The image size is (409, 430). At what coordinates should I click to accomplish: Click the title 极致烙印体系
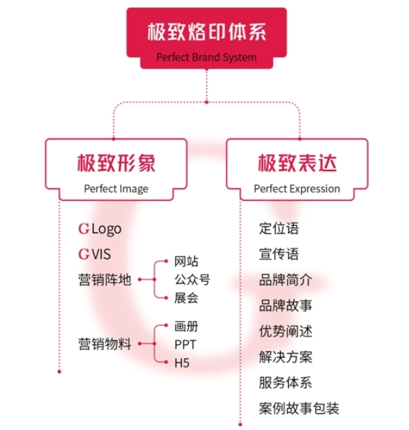[x=207, y=32]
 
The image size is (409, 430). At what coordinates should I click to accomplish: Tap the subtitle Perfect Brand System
[x=206, y=57]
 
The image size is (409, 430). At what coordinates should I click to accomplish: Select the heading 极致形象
[x=116, y=162]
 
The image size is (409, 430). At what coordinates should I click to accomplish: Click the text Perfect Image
[x=116, y=189]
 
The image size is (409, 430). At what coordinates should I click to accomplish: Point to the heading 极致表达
[x=297, y=162]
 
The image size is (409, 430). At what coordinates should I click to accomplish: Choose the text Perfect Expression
[x=297, y=189]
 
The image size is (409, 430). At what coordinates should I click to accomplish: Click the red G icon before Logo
[x=84, y=229]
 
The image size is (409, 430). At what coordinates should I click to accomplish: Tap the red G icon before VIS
[x=84, y=254]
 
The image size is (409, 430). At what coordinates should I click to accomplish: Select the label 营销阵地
[x=104, y=280]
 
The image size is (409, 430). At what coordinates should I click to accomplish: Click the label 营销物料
[x=104, y=344]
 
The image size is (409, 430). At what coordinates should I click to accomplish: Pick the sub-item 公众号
[x=193, y=279]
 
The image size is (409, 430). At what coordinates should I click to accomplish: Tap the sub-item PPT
[x=185, y=344]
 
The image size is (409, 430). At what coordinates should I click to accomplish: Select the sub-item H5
[x=182, y=363]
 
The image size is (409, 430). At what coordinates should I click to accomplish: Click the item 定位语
[x=279, y=229]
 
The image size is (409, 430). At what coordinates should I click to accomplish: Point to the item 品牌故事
[x=285, y=306]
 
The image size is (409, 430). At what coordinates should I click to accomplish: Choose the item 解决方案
[x=285, y=357]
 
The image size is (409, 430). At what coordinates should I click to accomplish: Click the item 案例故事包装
[x=298, y=408]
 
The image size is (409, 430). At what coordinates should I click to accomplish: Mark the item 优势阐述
[x=285, y=331]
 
